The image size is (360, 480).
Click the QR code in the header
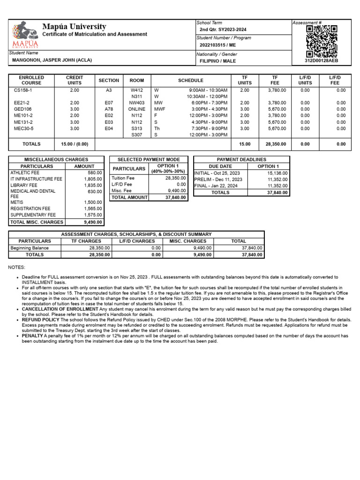click(x=321, y=40)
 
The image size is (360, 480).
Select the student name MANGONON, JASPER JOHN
click(x=51, y=60)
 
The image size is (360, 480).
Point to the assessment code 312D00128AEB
click(x=321, y=61)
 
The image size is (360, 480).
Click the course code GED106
click(x=22, y=109)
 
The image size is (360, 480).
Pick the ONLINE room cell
click(x=137, y=109)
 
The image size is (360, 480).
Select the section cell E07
click(x=109, y=103)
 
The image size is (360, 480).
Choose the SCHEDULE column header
click(x=191, y=81)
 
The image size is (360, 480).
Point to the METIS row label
click(x=17, y=202)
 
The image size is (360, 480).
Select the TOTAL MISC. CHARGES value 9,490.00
click(x=93, y=222)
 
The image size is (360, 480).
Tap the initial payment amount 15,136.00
click(x=277, y=173)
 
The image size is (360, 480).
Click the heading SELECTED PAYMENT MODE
click(x=148, y=160)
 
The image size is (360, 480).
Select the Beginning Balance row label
click(x=30, y=248)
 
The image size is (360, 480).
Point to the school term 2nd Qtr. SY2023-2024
click(x=223, y=30)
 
